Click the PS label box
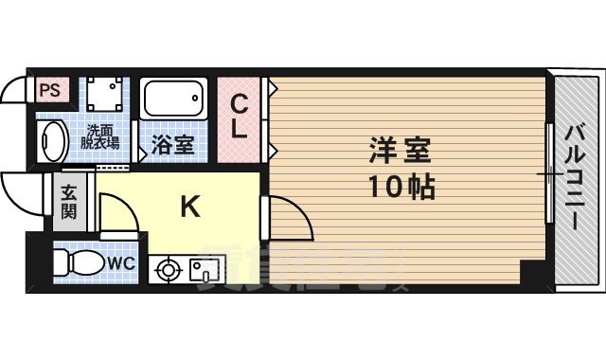tap(48, 92)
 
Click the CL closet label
tap(241, 116)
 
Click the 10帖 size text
tap(400, 186)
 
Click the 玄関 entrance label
tap(70, 202)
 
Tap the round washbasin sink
tap(52, 142)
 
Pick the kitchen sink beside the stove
tap(203, 270)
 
